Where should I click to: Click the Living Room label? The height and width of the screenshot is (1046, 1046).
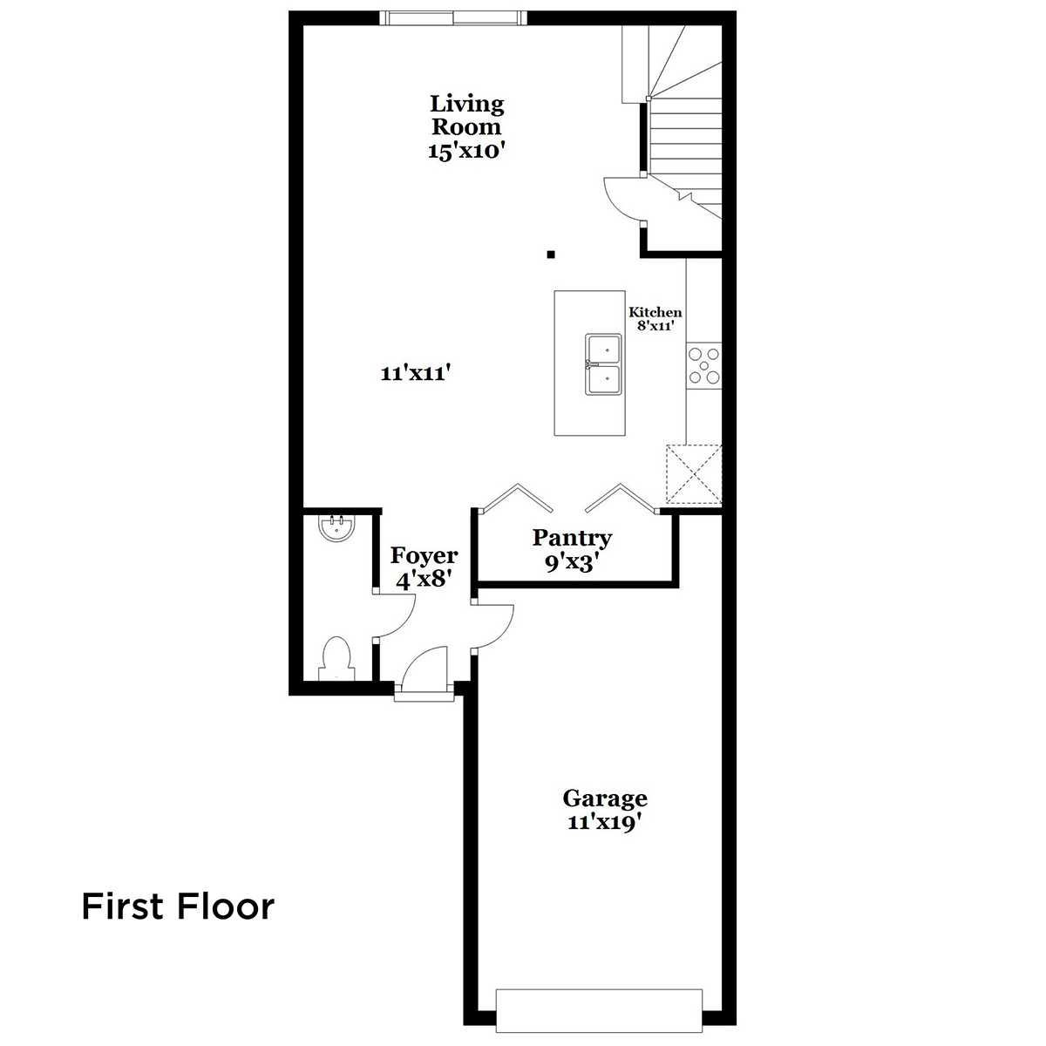467,115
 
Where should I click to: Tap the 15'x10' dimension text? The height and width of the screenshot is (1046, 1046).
467,150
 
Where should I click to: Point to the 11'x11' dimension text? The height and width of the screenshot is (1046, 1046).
416,373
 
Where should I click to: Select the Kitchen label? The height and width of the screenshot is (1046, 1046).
655,312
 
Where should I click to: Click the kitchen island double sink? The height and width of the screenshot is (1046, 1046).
603,363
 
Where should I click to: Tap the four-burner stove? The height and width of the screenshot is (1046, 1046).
704,366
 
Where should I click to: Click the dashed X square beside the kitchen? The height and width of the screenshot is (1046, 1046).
694,474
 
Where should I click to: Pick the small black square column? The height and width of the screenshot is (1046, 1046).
550,254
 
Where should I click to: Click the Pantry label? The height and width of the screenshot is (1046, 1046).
572,538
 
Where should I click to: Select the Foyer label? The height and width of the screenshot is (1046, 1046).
424,555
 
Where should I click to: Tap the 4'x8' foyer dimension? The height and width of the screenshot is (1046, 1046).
424,580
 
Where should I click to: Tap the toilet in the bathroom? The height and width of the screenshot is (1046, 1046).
336,658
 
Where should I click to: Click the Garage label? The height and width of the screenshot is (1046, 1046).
605,799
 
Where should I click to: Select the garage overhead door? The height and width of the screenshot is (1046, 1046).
599,1010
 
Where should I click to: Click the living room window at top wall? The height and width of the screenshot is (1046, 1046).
453,18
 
